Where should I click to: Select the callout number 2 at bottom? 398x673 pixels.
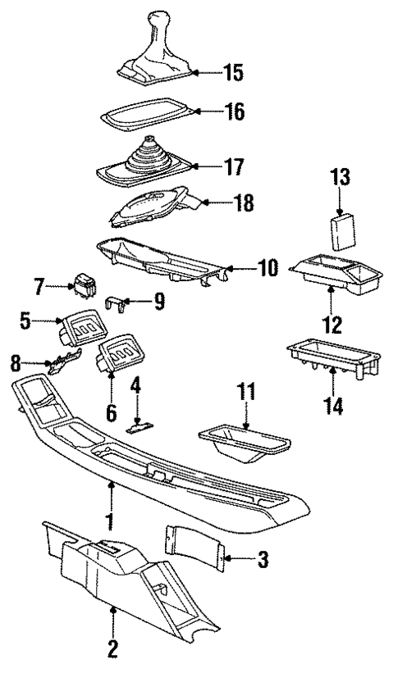(112, 650)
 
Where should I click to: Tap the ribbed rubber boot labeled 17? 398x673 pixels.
(145, 162)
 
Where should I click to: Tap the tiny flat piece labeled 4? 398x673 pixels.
(139, 426)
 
